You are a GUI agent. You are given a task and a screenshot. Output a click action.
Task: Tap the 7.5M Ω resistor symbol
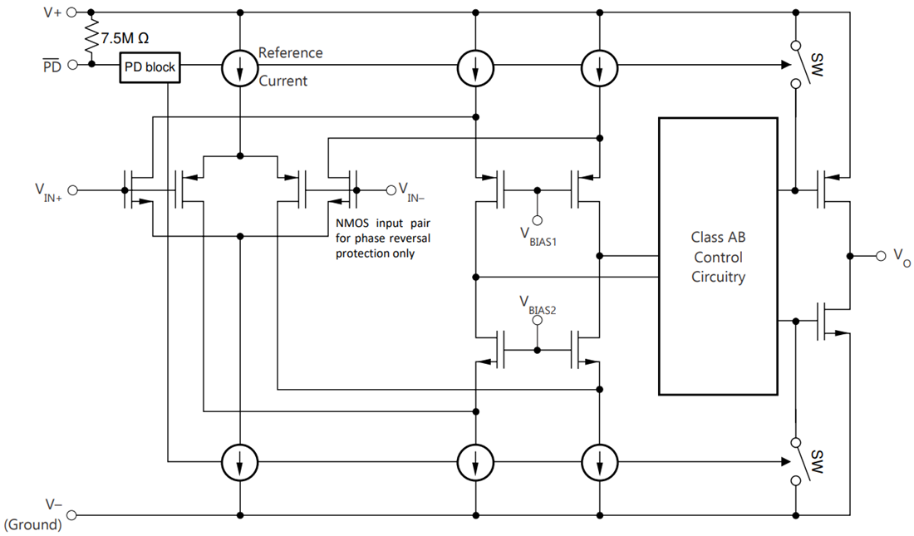point(91,38)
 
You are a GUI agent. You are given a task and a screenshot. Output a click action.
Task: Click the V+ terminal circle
point(71,12)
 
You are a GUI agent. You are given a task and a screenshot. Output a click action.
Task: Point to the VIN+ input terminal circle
point(73,190)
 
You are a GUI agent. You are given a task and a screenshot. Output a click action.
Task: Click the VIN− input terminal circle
point(391,190)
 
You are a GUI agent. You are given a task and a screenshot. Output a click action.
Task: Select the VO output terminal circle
point(881,256)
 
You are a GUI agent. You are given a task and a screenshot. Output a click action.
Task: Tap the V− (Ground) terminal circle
point(71,515)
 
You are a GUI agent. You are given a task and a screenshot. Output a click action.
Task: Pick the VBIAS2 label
point(538,306)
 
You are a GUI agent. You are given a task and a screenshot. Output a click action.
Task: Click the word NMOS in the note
point(352,224)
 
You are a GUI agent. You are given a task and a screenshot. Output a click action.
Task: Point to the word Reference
point(290,53)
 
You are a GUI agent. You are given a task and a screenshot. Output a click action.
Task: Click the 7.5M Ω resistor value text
point(125,38)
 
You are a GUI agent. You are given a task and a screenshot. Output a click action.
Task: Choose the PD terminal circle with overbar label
point(73,65)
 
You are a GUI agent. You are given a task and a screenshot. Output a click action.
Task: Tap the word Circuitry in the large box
point(718,277)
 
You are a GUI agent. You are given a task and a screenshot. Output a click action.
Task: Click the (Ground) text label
point(32,524)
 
